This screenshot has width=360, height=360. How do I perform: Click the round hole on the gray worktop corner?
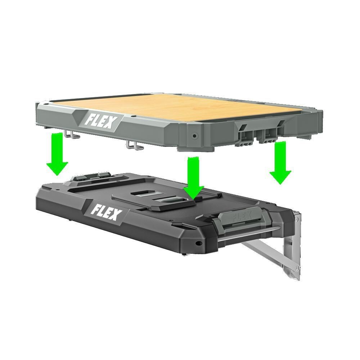[x=195, y=136]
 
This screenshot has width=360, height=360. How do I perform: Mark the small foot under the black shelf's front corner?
[x=185, y=254]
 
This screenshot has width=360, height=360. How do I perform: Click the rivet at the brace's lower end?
[x=297, y=267]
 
